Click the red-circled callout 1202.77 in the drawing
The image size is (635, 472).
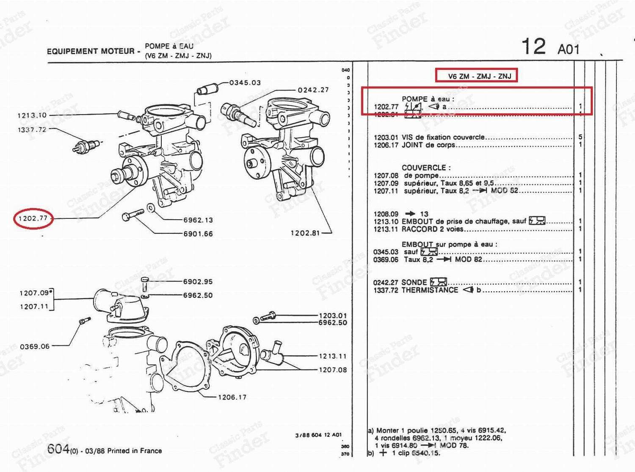click(x=33, y=218)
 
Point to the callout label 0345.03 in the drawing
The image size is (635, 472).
click(x=245, y=83)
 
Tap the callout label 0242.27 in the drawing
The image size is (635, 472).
click(x=313, y=90)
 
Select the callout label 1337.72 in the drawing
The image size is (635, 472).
click(x=32, y=130)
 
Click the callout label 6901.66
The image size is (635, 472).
click(x=198, y=234)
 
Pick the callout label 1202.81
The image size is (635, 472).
click(x=305, y=233)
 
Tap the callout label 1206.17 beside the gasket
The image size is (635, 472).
click(x=232, y=397)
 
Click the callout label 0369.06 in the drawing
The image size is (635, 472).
click(x=35, y=346)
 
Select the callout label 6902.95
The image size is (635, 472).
click(x=198, y=282)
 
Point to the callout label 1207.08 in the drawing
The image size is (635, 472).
click(x=333, y=370)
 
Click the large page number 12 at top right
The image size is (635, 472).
click(x=533, y=46)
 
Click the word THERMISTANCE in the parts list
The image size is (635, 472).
click(x=430, y=290)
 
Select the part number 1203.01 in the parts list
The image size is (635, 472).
click(x=386, y=137)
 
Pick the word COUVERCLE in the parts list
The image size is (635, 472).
click(x=424, y=167)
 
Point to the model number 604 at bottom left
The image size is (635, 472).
click(x=58, y=448)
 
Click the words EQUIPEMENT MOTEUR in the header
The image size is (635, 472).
click(x=91, y=51)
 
